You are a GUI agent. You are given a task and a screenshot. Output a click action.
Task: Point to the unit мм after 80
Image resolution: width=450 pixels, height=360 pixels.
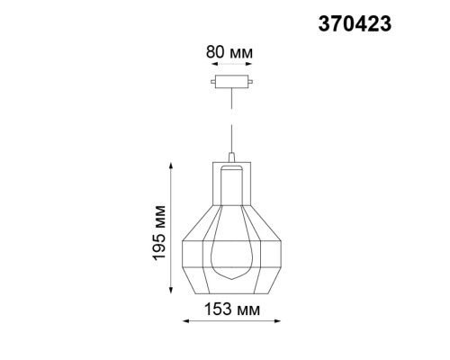[241, 52]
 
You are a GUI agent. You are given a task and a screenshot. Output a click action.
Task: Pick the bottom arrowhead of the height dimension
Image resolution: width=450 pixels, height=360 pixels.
[170, 295]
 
